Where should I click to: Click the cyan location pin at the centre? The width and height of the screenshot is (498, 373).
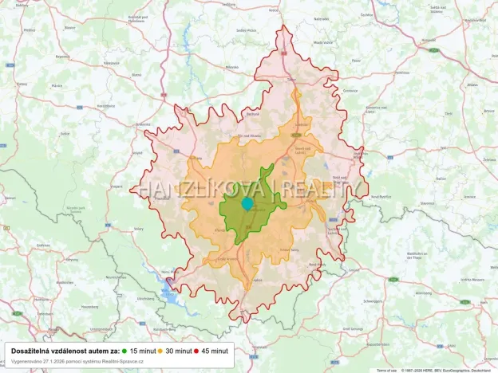247,204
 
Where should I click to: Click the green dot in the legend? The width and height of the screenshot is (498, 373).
125,351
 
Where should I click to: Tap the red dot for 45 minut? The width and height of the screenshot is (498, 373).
196,351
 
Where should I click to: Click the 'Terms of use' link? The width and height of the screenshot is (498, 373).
387,370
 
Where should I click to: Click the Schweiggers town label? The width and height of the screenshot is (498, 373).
372,301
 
